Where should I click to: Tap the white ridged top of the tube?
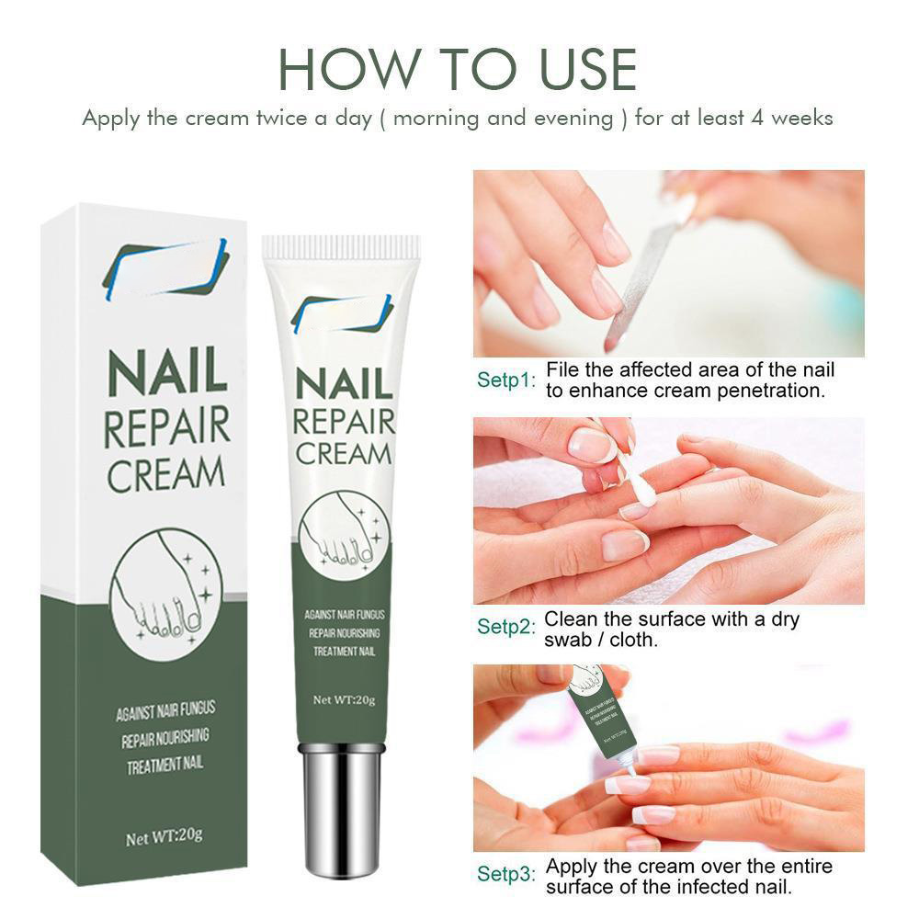point(341,247)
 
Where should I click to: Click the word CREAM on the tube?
point(343,453)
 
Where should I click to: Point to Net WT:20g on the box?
point(164,837)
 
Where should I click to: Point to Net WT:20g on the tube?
point(344,699)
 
